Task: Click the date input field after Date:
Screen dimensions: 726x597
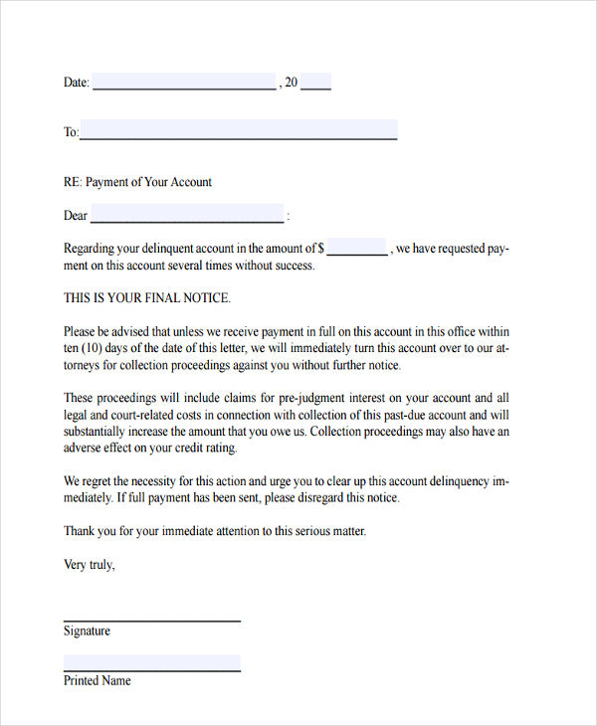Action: coord(184,82)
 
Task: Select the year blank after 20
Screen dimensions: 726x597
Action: coord(315,82)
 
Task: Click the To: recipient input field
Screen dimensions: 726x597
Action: coord(239,130)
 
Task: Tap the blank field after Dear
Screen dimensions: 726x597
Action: coord(187,215)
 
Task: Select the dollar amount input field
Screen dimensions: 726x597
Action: coord(357,248)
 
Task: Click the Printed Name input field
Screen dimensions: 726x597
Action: coord(152,662)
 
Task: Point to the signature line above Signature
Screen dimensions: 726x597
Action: coord(152,621)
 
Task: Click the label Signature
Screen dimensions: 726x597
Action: coord(87,632)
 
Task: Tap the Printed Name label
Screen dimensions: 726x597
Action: coord(97,681)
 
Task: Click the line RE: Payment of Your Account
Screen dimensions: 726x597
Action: coord(137,182)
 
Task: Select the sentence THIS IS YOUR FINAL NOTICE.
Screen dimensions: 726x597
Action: coord(147,297)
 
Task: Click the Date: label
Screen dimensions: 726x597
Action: coord(77,83)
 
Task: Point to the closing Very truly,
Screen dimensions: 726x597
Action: coord(90,565)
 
